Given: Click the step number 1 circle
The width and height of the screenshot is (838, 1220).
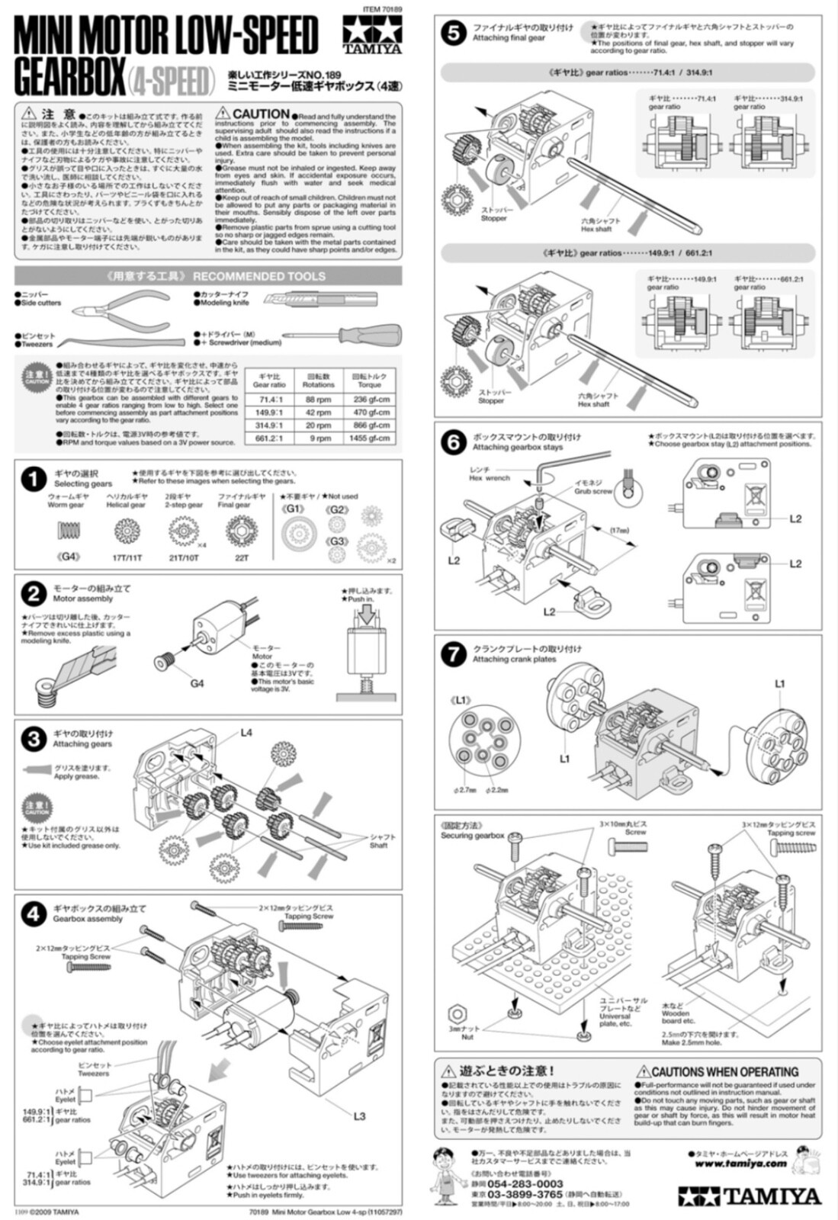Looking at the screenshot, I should click(34, 479).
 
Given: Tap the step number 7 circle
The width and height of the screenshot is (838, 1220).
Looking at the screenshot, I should click(454, 653).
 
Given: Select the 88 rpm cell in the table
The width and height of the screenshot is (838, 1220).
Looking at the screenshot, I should click(319, 399).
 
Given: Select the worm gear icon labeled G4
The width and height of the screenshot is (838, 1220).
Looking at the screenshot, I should click(70, 529).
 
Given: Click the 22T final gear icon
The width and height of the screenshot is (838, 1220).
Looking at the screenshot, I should click(242, 529).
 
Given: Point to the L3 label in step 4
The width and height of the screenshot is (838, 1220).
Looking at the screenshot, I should click(359, 1116).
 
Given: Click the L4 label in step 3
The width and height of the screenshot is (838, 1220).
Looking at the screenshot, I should click(246, 733).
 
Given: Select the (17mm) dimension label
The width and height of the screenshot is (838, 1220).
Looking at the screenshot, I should click(620, 530).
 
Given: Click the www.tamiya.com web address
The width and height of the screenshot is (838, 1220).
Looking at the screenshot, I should click(740, 1164).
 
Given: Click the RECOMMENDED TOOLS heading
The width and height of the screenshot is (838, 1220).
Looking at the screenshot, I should click(258, 276).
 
